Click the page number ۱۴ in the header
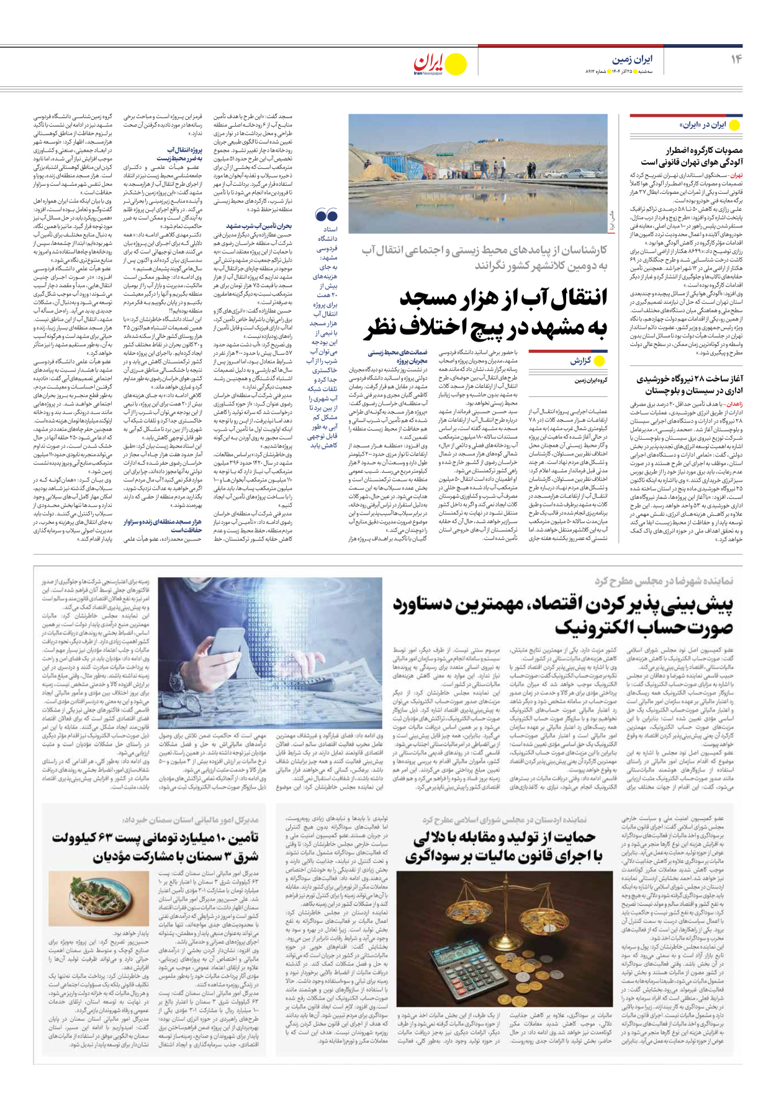pos(736,59)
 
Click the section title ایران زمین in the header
pos(633,60)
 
